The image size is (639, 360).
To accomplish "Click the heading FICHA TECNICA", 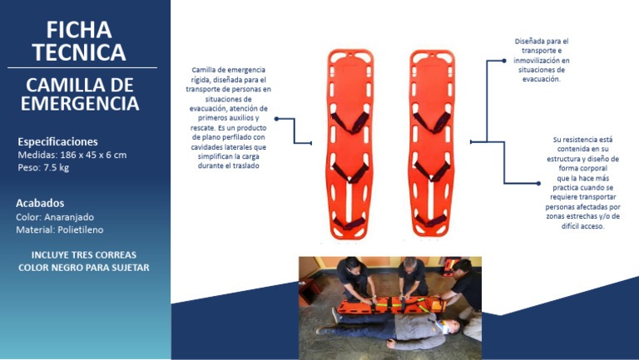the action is tap(79, 41).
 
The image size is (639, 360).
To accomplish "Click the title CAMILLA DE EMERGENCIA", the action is tap(80, 94).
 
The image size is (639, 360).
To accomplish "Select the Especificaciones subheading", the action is tap(57, 141).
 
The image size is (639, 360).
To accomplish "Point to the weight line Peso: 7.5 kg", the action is tap(43, 167).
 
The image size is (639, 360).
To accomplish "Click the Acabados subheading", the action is tap(40, 203).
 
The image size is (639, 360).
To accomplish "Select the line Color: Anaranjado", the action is tap(55, 217).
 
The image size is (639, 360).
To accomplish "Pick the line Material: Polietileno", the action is tap(60, 229).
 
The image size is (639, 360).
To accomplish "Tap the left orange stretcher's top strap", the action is tap(350, 122).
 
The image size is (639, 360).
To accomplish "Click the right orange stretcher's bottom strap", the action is tap(431, 220).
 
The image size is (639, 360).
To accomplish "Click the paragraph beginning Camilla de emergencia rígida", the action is tap(229, 118).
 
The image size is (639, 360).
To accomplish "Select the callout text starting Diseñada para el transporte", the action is tap(541, 60).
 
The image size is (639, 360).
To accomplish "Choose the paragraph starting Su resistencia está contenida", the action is tap(582, 183).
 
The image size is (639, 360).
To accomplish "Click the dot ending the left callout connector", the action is tap(277, 119).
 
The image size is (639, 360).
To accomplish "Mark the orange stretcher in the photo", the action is tap(392, 305).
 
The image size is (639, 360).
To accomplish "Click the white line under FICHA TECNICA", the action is tap(82, 67).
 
